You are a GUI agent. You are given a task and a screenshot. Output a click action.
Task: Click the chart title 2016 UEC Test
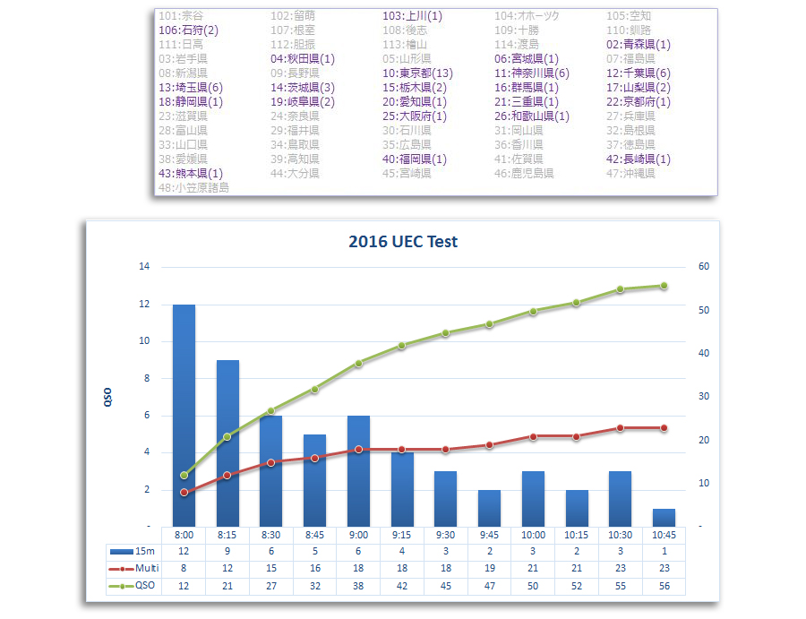[x=403, y=242]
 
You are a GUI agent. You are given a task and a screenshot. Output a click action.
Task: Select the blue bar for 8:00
[x=184, y=415]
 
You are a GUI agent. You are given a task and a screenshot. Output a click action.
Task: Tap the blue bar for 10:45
[x=664, y=517]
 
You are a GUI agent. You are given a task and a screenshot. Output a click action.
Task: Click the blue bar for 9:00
[x=358, y=470]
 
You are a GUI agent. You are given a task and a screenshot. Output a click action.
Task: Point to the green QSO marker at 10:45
[x=664, y=286]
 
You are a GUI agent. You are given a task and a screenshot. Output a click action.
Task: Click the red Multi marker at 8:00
[x=184, y=493]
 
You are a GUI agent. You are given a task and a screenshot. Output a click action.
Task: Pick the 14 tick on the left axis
[x=143, y=267]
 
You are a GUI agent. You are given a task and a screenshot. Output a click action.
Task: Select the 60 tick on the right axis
[x=704, y=267]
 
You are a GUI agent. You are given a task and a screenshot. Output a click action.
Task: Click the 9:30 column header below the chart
[x=445, y=535]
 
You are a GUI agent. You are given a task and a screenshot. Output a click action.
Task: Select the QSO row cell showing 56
[x=664, y=586]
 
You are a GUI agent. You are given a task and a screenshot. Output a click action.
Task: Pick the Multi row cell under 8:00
[x=184, y=568]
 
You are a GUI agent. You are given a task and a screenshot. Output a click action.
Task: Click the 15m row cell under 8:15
[x=227, y=551]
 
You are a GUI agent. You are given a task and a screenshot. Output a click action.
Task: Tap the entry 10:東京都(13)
[x=417, y=73]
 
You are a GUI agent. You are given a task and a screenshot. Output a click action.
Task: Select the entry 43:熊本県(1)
[x=191, y=174]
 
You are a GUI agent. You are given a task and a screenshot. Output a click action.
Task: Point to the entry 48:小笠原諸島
[x=193, y=188]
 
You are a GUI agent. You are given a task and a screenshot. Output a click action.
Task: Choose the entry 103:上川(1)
[x=412, y=16]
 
